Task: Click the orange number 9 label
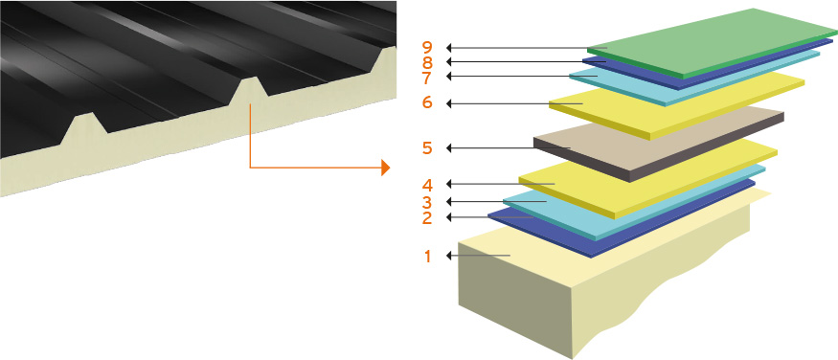click(x=427, y=48)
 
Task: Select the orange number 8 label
click(x=427, y=62)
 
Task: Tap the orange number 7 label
click(x=427, y=78)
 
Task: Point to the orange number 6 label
click(x=427, y=102)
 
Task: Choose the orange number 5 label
click(x=427, y=148)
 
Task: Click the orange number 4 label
click(x=427, y=186)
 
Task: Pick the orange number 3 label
click(x=427, y=202)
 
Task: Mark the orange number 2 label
click(x=427, y=218)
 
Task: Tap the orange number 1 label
click(x=427, y=257)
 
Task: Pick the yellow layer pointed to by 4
click(x=647, y=179)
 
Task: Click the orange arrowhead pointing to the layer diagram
click(x=385, y=168)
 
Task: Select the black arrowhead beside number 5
click(x=449, y=148)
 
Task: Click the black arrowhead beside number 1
click(x=449, y=257)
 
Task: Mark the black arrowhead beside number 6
click(x=449, y=103)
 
